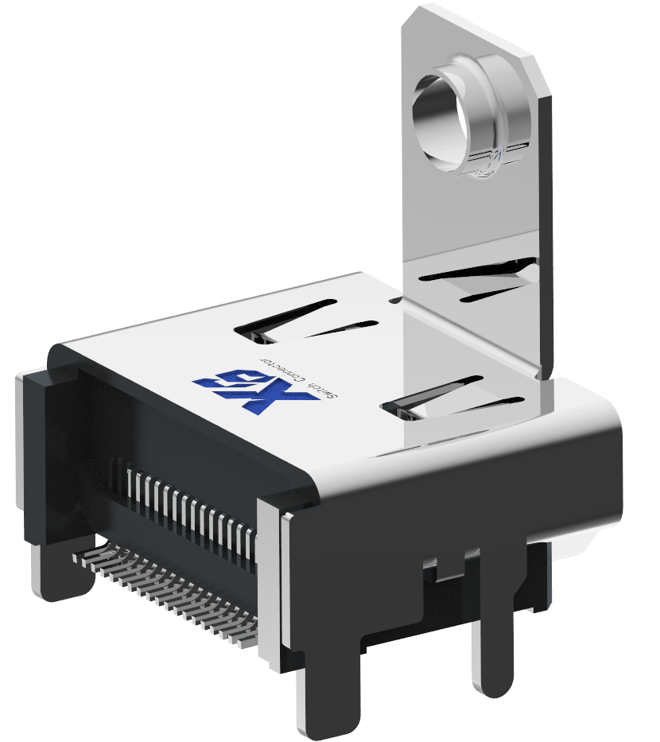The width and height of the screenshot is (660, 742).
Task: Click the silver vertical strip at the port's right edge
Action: (270, 573)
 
